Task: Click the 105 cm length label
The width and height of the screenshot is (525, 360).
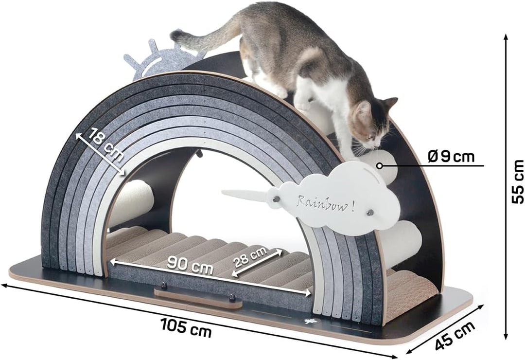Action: click(x=186, y=327)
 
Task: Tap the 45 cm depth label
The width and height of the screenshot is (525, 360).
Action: click(x=455, y=335)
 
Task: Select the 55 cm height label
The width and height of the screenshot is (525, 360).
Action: click(x=518, y=181)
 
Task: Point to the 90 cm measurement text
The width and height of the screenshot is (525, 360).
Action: click(x=190, y=265)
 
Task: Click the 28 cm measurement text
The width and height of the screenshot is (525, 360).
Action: click(x=250, y=257)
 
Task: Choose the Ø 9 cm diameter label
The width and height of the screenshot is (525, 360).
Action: click(x=451, y=157)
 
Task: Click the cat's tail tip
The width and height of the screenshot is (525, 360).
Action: click(x=176, y=34)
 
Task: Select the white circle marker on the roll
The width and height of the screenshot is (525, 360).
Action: click(x=379, y=165)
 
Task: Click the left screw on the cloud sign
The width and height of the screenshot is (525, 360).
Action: click(x=277, y=199)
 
